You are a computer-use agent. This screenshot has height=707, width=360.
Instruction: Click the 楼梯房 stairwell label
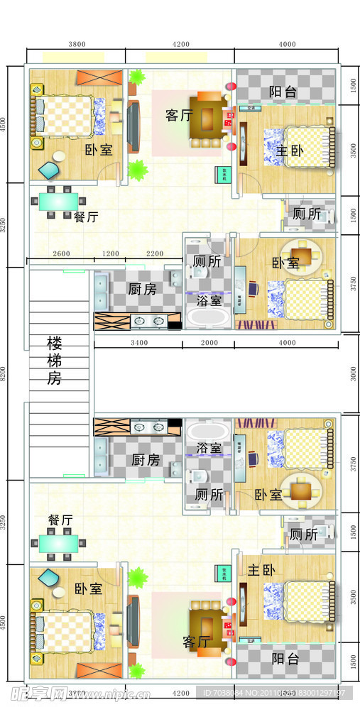tap(55, 361)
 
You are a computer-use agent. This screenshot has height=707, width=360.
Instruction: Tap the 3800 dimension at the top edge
tap(76, 44)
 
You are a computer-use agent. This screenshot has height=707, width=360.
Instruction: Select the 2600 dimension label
tap(61, 254)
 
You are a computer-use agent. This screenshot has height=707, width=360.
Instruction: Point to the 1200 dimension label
tap(110, 254)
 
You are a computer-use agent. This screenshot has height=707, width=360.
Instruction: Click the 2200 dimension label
tap(154, 254)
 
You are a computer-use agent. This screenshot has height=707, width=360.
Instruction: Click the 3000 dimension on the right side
tap(354, 373)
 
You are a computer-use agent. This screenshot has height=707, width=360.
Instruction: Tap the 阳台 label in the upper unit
tap(283, 92)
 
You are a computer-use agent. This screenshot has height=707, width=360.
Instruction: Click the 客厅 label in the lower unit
tap(196, 642)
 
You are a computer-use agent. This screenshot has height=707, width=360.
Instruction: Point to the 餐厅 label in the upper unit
tap(86, 217)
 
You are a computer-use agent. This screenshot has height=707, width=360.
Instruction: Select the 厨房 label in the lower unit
tap(146, 460)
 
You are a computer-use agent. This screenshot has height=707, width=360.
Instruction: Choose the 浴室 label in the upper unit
tap(209, 300)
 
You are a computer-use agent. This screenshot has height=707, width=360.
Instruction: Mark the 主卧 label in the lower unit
tap(262, 570)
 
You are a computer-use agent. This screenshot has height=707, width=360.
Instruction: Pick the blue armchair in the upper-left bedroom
tap(49, 170)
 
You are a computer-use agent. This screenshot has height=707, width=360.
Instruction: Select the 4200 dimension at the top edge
tap(180, 44)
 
